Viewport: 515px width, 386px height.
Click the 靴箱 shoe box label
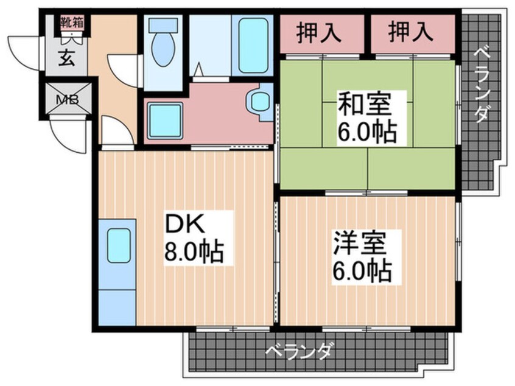pos(71,23)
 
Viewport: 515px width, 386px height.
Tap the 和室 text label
pos(364,104)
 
